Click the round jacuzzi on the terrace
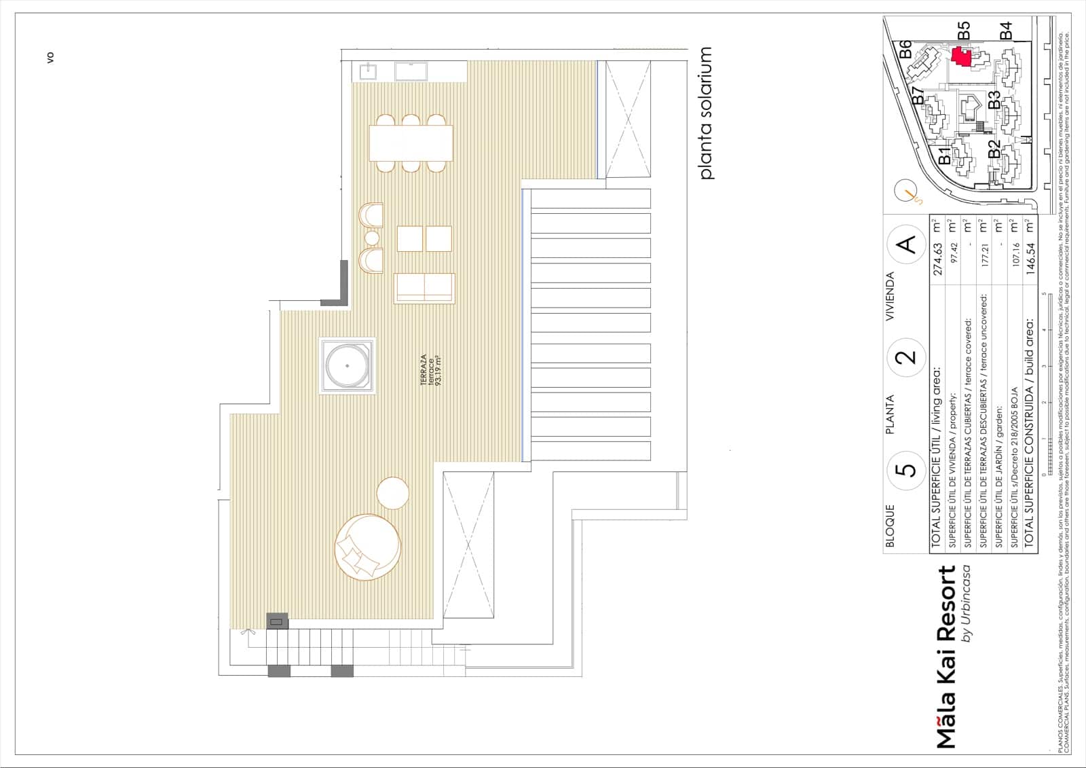point(347,365)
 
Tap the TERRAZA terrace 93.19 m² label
point(430,370)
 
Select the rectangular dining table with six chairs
point(411,143)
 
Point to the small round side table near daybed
point(392,493)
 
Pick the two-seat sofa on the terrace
point(424,287)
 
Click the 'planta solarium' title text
point(706,113)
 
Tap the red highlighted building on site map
point(960,56)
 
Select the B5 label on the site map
point(963,31)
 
